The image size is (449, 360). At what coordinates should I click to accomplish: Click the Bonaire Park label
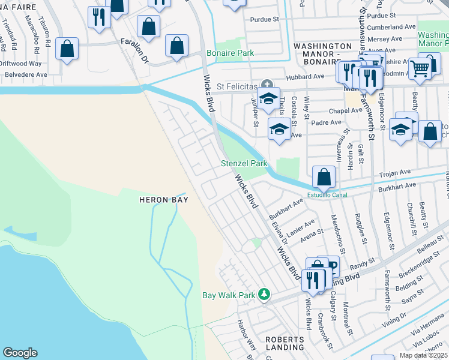[x=230, y=53]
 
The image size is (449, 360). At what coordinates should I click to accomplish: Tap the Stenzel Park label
[x=244, y=163]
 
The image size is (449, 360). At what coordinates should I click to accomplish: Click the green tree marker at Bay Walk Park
[x=263, y=294]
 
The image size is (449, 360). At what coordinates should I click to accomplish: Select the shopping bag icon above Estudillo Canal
[x=324, y=176]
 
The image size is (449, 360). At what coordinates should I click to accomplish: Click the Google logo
[x=20, y=353]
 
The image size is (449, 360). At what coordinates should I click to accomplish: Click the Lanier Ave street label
[x=301, y=228]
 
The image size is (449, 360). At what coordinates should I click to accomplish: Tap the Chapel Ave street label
[x=345, y=110]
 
